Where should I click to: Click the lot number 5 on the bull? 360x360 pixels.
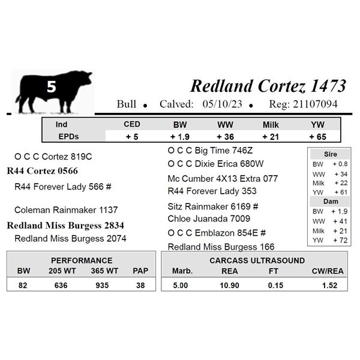pyautogui.click(x=52, y=86)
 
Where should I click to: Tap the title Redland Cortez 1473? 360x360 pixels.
pyautogui.click(x=268, y=86)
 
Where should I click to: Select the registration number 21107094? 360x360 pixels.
pyautogui.click(x=315, y=104)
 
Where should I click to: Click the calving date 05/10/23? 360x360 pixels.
pyautogui.click(x=222, y=104)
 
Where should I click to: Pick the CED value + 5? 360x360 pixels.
pyautogui.click(x=132, y=137)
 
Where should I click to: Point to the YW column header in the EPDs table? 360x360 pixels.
pyautogui.click(x=318, y=125)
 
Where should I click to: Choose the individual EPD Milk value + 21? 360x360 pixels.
pyautogui.click(x=271, y=137)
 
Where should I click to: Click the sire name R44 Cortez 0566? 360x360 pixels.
pyautogui.click(x=43, y=171)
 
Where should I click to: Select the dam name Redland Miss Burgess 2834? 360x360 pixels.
pyautogui.click(x=65, y=226)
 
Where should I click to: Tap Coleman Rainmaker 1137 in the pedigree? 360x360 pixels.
pyautogui.click(x=66, y=210)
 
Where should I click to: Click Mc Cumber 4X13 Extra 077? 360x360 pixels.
pyautogui.click(x=223, y=179)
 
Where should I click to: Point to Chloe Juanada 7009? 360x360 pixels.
pyautogui.click(x=209, y=218)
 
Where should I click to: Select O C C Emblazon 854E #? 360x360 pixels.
pyautogui.click(x=217, y=233)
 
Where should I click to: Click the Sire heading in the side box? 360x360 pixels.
pyautogui.click(x=331, y=154)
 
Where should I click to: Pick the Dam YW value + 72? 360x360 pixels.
pyautogui.click(x=340, y=241)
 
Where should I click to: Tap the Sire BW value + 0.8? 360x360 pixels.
pyautogui.click(x=340, y=164)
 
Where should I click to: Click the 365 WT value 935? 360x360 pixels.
pyautogui.click(x=102, y=286)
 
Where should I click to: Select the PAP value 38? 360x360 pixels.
pyautogui.click(x=140, y=286)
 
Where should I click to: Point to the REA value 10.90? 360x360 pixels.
pyautogui.click(x=230, y=286)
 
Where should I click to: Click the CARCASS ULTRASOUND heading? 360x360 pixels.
pyautogui.click(x=257, y=260)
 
